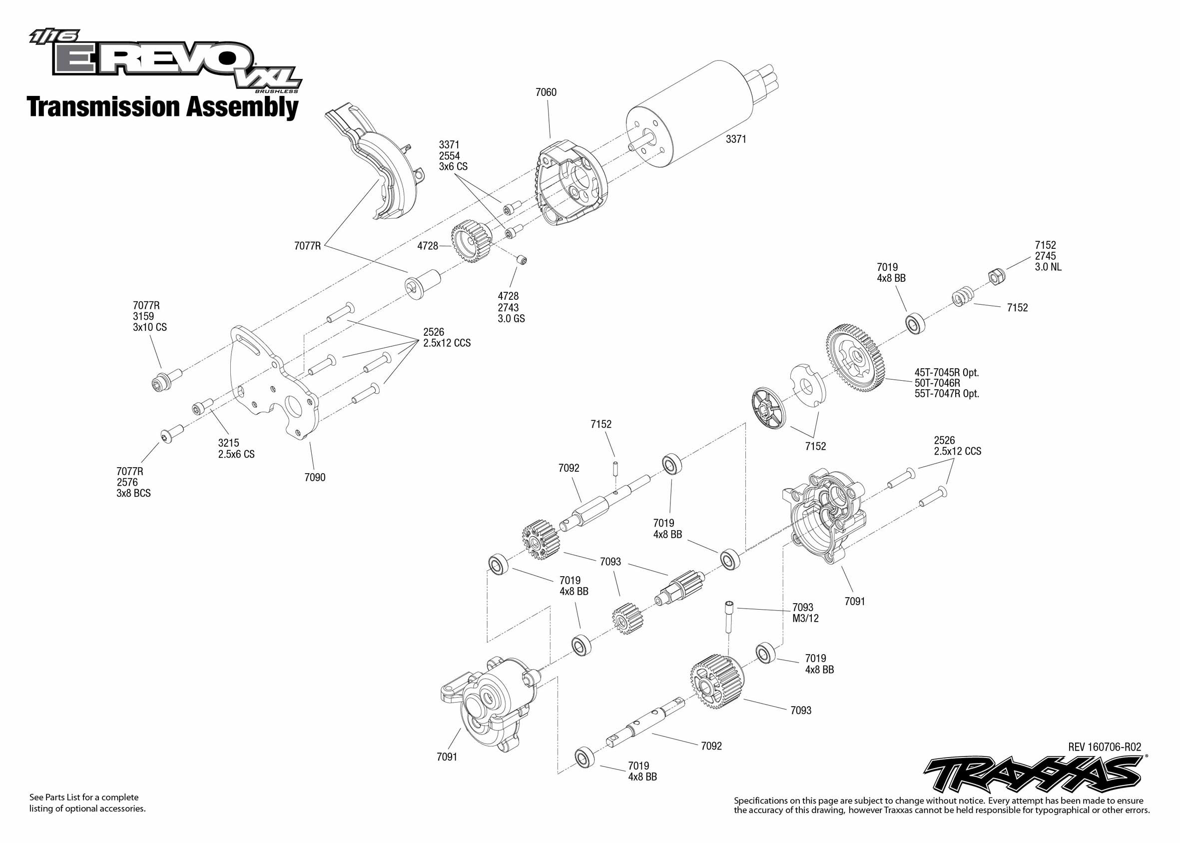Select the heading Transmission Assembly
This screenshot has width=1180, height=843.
(162, 107)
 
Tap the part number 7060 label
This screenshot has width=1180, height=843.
(546, 92)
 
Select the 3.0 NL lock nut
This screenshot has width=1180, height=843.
(996, 276)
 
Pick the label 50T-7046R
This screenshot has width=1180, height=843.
(938, 383)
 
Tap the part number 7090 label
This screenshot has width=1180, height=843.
(315, 478)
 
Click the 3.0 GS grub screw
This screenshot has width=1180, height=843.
(522, 259)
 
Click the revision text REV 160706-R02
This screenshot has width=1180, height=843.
(1104, 747)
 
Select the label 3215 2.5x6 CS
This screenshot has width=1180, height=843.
(236, 449)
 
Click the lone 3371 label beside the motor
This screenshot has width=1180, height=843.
(736, 139)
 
